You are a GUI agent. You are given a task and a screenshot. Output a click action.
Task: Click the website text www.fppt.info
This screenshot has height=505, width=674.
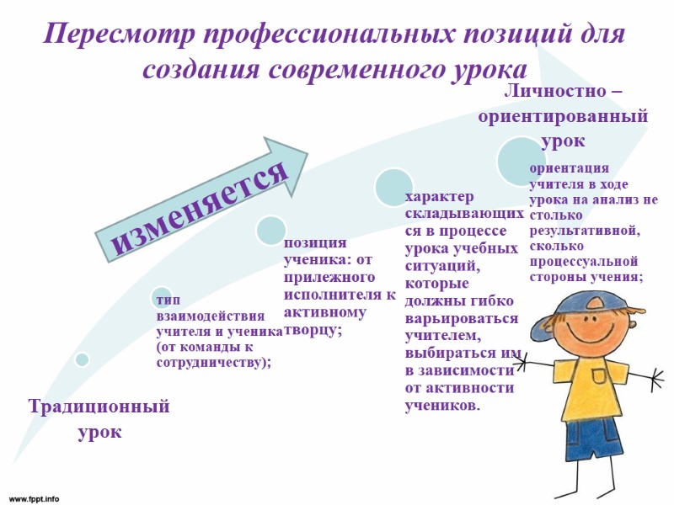[35, 498]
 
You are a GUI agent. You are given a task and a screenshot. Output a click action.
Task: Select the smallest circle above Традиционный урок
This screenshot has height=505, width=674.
[82, 359]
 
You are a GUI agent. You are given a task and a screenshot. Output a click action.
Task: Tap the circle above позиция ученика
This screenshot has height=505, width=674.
[271, 230]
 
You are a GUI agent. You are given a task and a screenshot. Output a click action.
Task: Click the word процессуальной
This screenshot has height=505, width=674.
[584, 261]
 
